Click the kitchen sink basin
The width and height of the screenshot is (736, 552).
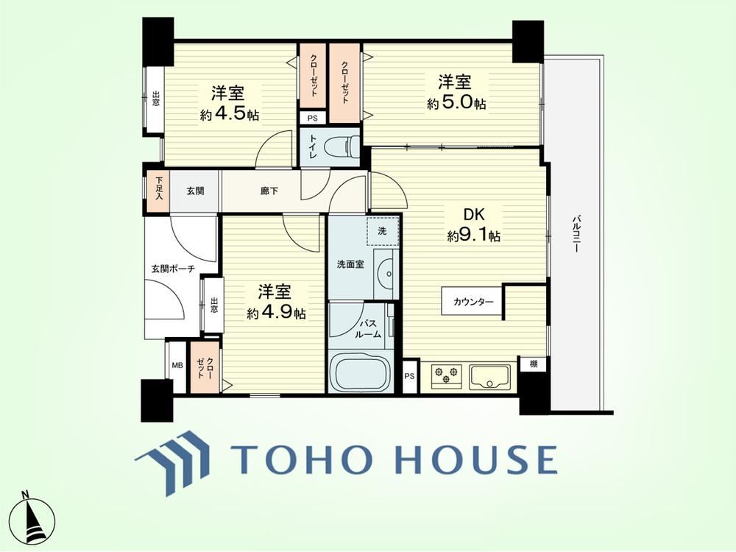point(489,377)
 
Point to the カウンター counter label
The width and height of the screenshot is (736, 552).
point(473,302)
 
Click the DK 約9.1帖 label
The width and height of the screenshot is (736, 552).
point(473,225)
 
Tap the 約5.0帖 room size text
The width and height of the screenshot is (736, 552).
point(456,103)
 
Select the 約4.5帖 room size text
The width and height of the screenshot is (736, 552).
point(229,115)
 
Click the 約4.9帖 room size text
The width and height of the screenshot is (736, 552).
point(276,313)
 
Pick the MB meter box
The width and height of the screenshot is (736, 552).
point(177,366)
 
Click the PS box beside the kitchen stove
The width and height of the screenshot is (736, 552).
point(410,376)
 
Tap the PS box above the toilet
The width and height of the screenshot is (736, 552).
point(313,118)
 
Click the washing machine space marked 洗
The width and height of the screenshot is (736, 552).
point(383,231)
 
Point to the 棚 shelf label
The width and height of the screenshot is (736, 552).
point(533,364)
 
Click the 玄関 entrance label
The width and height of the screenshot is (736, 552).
point(195,191)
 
